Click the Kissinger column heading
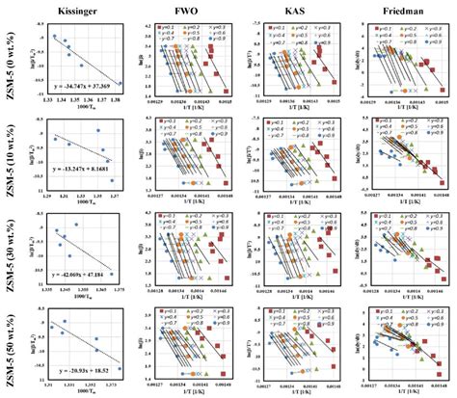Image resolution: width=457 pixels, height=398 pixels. pos(74,9)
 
